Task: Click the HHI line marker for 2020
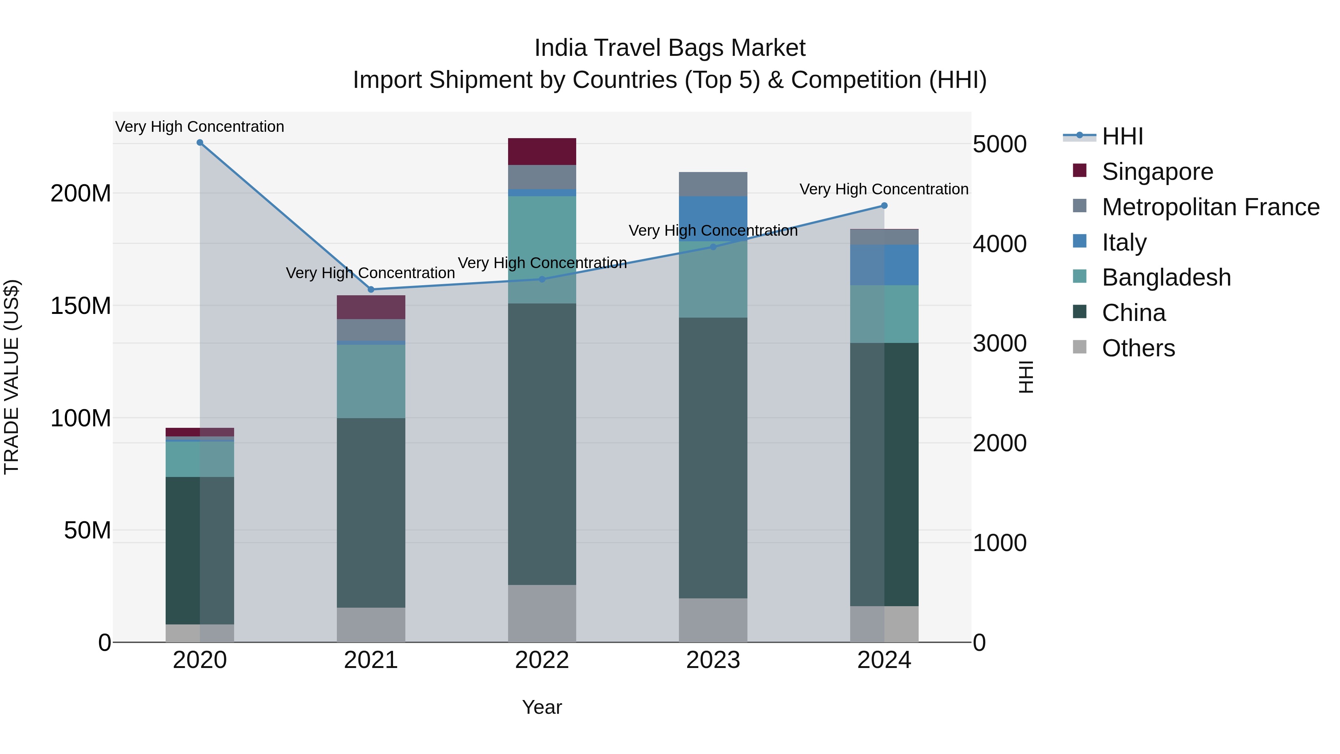pos(200,143)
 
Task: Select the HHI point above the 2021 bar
pos(371,289)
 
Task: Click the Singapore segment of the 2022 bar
pos(542,152)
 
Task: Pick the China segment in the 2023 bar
pos(713,458)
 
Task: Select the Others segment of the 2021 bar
pos(371,624)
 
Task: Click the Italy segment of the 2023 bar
pos(713,219)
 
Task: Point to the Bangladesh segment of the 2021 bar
pos(371,381)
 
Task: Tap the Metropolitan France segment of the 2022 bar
pos(542,177)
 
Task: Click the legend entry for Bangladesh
pos(1166,277)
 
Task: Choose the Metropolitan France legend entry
pos(1210,207)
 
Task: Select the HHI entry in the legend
pos(1122,136)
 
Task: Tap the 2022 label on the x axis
pos(542,660)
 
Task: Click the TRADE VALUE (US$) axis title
pos(12,377)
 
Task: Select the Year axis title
pos(542,707)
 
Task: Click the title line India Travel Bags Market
pos(670,48)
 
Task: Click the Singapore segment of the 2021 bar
pos(371,307)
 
